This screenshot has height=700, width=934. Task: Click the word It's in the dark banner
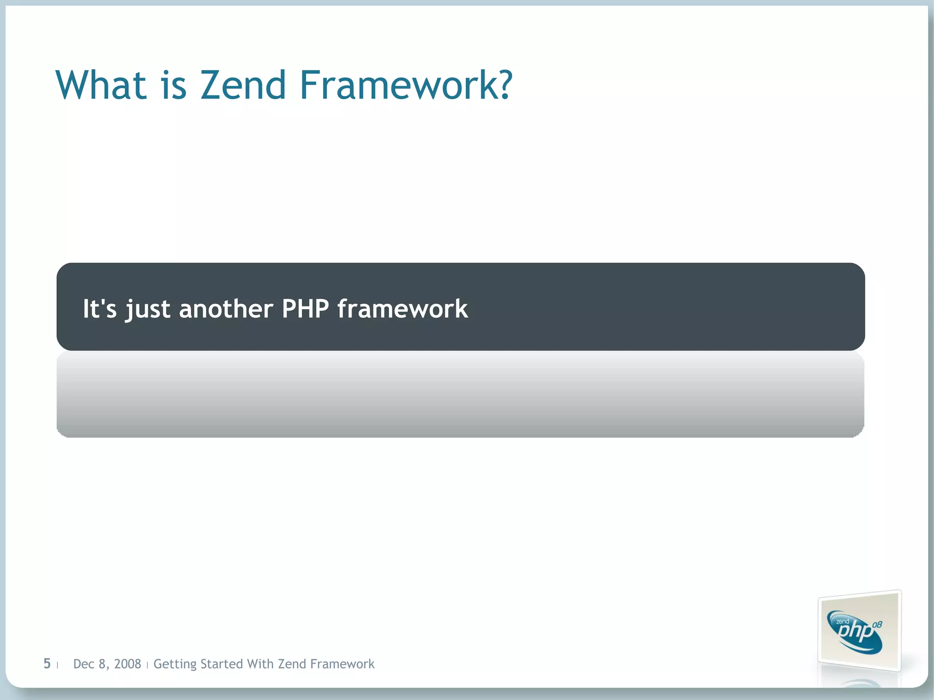click(99, 309)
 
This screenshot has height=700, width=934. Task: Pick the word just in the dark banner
click(148, 310)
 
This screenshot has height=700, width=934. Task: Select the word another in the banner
click(226, 309)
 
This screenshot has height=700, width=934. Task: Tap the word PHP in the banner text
click(305, 309)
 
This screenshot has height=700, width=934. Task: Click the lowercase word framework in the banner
click(402, 309)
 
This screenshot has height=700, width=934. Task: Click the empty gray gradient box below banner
click(460, 394)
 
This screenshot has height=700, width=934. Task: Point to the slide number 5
click(47, 664)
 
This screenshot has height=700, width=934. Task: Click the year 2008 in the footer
click(127, 664)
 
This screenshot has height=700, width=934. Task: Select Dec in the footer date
click(84, 664)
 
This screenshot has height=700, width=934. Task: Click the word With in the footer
click(260, 664)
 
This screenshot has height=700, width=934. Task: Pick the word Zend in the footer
click(291, 664)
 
